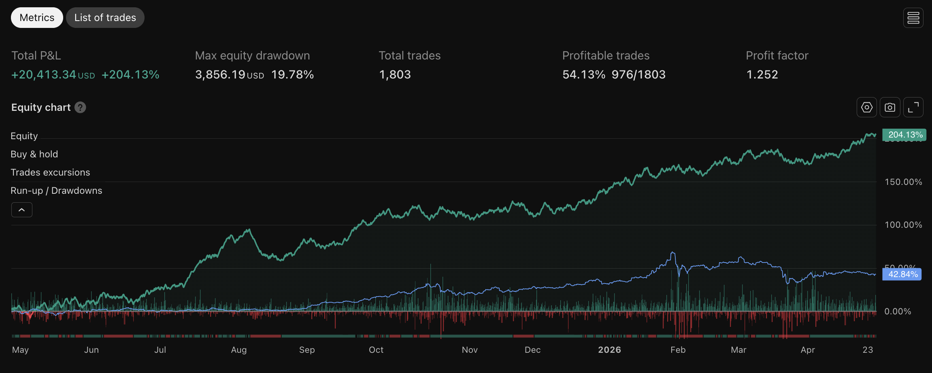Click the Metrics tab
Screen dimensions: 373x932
click(x=37, y=17)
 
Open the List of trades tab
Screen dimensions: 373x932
click(x=105, y=17)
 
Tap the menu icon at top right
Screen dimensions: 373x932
click(x=913, y=18)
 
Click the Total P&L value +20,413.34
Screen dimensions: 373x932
click(x=44, y=74)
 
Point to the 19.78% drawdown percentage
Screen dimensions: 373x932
click(x=292, y=74)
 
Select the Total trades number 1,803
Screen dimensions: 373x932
click(x=395, y=74)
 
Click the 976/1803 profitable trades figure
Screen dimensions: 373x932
click(x=638, y=74)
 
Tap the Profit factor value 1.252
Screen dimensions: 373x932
click(x=762, y=74)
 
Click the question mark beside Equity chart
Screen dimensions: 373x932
click(x=81, y=107)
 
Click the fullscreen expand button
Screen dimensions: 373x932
click(x=913, y=107)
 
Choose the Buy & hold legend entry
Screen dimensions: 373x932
click(x=34, y=154)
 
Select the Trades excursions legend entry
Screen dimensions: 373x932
click(x=50, y=172)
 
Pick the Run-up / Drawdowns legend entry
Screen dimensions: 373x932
click(x=56, y=191)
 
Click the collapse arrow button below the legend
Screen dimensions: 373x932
click(x=22, y=210)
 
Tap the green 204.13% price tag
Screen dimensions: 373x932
click(x=904, y=135)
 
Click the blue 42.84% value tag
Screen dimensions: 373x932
click(x=902, y=274)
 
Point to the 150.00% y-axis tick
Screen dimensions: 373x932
click(x=903, y=182)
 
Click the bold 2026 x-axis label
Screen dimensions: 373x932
click(x=609, y=350)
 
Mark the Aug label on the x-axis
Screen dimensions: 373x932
click(x=239, y=350)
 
